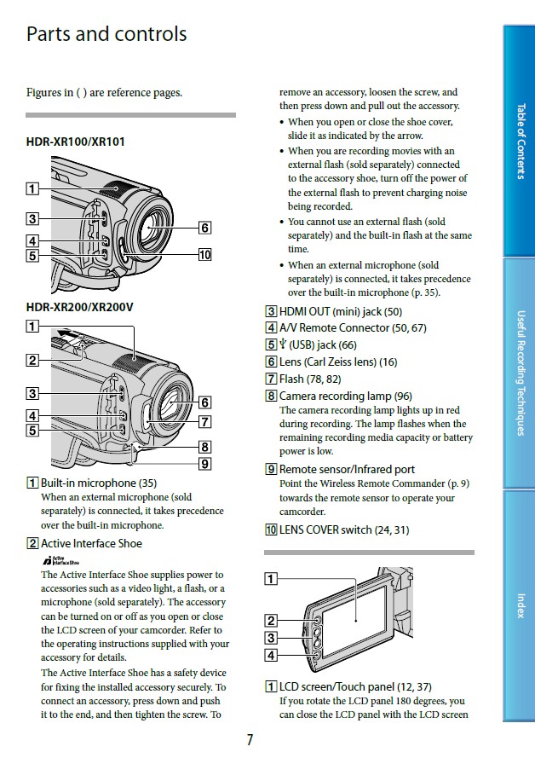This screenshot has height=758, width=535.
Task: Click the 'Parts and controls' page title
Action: pos(106,35)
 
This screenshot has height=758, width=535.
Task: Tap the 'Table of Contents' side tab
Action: pos(520,141)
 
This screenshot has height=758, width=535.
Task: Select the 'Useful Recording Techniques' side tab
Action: pos(520,373)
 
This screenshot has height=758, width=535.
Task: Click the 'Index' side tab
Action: pos(520,605)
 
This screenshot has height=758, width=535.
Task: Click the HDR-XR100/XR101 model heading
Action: pos(76,142)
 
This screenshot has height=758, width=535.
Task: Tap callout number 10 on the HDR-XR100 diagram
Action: pos(204,254)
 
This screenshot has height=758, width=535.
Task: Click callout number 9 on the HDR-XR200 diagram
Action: pos(204,464)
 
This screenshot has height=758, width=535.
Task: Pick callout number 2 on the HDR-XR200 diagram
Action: pos(32,360)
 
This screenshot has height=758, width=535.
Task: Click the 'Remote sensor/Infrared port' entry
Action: pos(347,469)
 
